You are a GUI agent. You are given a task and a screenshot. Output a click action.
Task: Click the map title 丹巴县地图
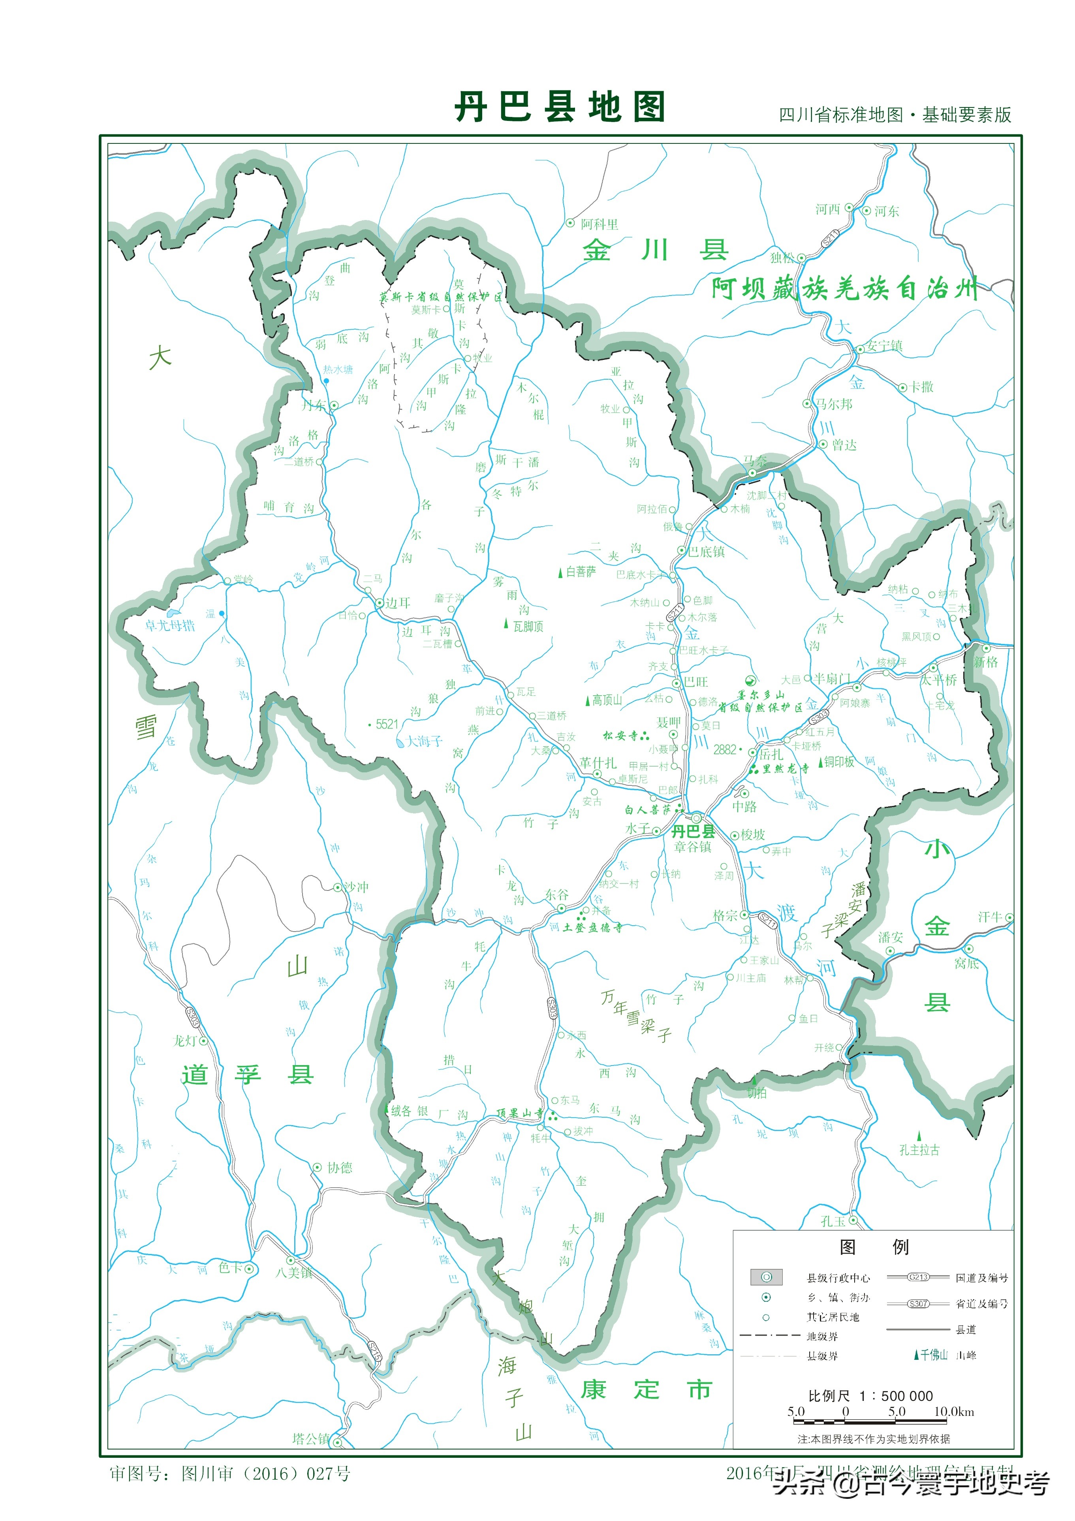click(x=560, y=107)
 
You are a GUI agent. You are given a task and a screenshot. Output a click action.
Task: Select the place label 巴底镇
click(x=707, y=552)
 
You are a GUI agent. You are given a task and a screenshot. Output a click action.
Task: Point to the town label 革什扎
click(x=598, y=763)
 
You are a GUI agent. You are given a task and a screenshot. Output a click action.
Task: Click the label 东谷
click(x=556, y=894)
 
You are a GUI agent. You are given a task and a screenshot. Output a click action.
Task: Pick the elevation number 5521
click(x=387, y=724)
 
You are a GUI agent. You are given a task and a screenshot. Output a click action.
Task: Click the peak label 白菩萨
click(x=581, y=572)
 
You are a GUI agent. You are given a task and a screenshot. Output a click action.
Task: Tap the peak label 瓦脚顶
click(x=528, y=627)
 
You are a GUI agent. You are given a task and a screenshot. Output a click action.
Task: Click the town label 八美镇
click(x=294, y=1272)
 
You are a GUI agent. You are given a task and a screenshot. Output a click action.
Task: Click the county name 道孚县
click(x=247, y=1075)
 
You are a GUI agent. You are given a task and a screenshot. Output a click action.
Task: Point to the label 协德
click(x=340, y=1168)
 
